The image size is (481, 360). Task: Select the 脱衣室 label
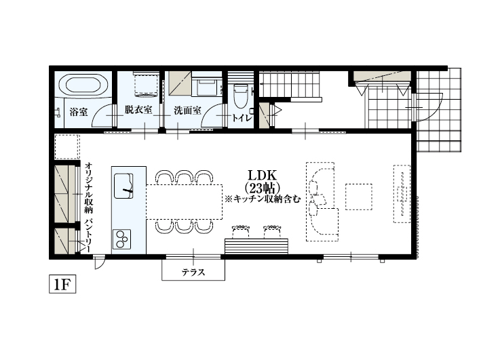[138, 110]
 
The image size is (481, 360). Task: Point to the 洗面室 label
[186, 110]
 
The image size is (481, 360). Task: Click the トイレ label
[242, 118]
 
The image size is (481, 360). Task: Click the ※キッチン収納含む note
[262, 200]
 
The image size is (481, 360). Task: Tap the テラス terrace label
[193, 273]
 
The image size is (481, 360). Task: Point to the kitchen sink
[124, 185]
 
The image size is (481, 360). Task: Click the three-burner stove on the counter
[123, 237]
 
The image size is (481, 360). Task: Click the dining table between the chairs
[184, 201]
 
